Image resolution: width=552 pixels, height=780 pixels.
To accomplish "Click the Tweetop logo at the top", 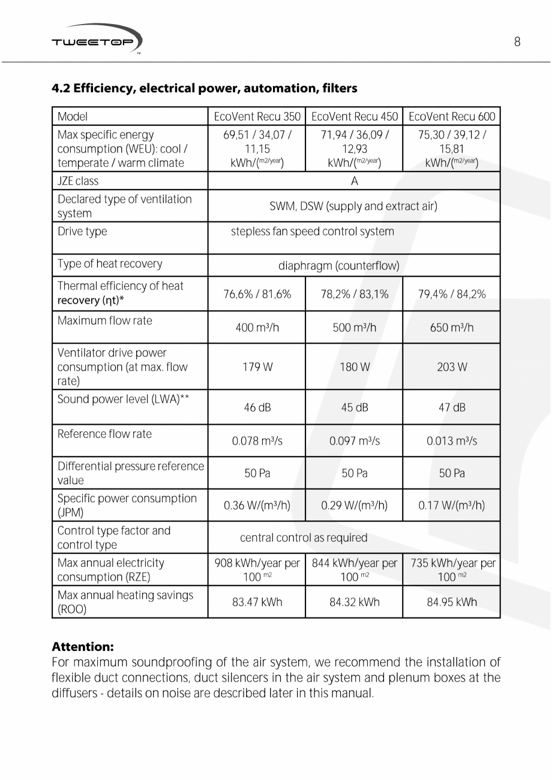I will [x=97, y=40].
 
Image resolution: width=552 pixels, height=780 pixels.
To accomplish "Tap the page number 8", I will [x=517, y=41].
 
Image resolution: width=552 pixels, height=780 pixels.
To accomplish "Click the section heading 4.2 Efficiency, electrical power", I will [x=205, y=89].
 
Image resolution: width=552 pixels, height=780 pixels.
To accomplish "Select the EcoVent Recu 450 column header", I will [x=355, y=116].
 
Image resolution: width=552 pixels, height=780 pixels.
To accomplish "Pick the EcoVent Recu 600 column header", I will [x=452, y=116].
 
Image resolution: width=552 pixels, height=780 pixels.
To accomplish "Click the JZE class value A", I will [x=355, y=181].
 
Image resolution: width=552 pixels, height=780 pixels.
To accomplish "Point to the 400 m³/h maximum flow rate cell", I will [x=257, y=328].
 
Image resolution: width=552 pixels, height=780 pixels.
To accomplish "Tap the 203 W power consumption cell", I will [x=452, y=367].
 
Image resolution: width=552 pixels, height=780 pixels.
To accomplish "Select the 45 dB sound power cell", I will [x=355, y=408].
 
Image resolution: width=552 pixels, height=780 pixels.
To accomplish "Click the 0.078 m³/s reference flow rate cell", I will [x=257, y=441].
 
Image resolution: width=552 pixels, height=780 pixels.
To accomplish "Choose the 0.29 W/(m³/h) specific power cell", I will [x=355, y=506].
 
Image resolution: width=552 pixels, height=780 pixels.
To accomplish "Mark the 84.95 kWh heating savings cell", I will [x=452, y=602].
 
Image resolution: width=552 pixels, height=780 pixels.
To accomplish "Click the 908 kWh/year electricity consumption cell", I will [x=257, y=570].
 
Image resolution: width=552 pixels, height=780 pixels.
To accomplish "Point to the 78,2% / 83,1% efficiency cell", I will [x=355, y=294].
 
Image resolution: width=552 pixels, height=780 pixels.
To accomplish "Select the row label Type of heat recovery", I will [x=110, y=264].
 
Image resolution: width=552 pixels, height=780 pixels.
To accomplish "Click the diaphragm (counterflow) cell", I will [x=338, y=265].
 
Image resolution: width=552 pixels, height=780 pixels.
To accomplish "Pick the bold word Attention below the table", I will [x=83, y=647].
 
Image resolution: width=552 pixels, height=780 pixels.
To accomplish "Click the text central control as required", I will [x=304, y=538].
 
